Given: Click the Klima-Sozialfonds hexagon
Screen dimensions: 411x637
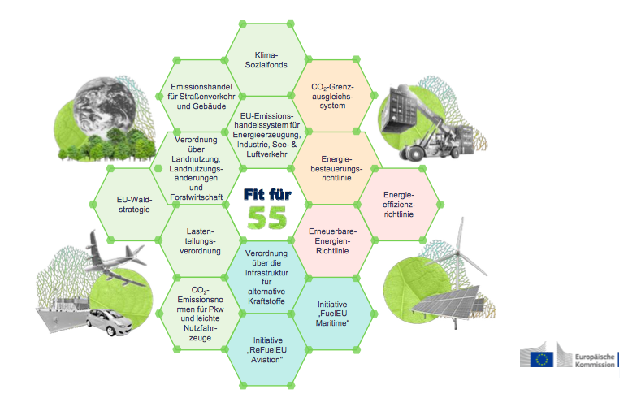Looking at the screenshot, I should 266,60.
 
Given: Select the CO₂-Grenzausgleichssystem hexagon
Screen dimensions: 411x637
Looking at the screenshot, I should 332,96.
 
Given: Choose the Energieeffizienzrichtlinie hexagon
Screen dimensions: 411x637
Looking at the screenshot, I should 399,204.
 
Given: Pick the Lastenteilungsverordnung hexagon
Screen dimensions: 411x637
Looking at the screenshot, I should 201,240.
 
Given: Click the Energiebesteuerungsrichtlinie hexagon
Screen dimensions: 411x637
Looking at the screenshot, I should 332,167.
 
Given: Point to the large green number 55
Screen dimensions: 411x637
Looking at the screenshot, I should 266,218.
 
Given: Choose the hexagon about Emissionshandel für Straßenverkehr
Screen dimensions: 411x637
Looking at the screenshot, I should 201,96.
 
